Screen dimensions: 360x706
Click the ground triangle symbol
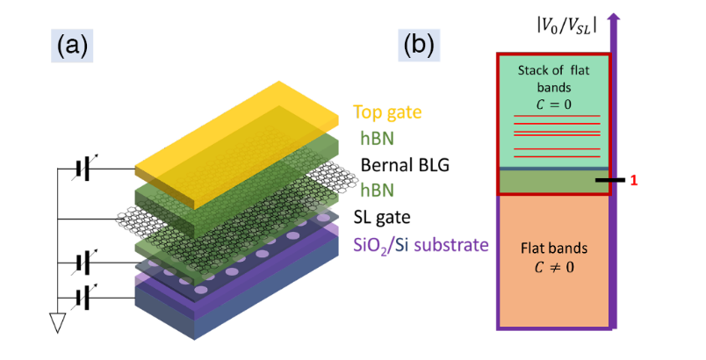pyautogui.click(x=59, y=324)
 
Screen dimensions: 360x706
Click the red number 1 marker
pyautogui.click(x=633, y=180)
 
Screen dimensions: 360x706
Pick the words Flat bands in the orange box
pyautogui.click(x=546, y=250)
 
